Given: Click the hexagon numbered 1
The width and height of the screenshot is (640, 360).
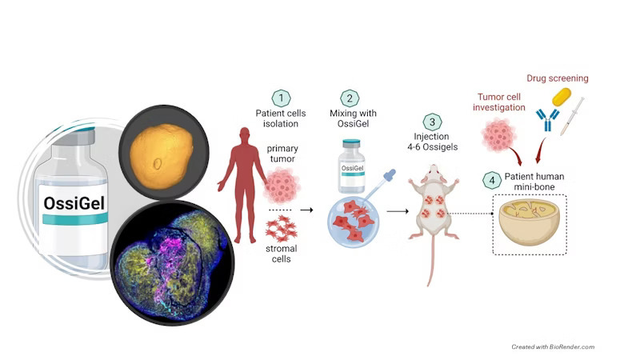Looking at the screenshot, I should (281, 98).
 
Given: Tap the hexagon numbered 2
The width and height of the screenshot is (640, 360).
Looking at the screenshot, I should (350, 98).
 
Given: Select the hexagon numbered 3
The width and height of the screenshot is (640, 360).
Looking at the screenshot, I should (433, 122).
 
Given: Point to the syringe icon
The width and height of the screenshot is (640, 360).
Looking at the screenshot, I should (573, 115).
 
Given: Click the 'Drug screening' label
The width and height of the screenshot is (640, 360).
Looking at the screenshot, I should (557, 78).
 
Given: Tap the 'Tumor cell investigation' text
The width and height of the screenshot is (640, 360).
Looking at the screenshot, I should (502, 102).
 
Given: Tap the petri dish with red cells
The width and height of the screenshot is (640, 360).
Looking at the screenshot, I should (354, 219).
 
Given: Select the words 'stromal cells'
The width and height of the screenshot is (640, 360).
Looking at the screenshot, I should (281, 254).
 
